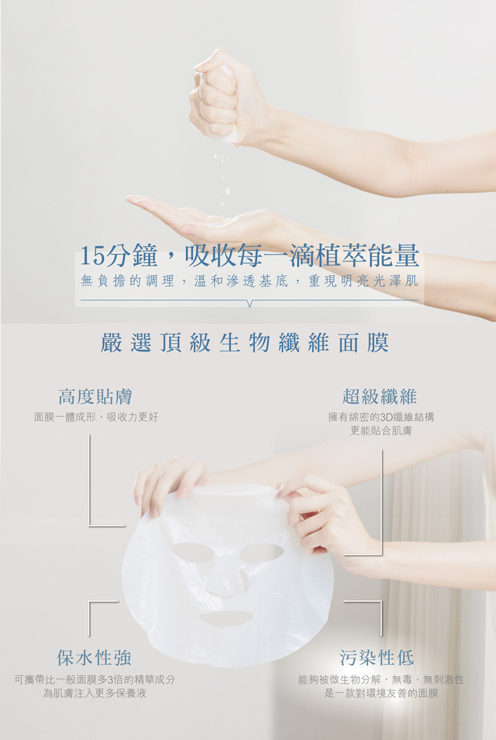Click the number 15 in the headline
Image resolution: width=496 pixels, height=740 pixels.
point(92,256)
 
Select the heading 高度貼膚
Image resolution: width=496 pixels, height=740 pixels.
point(95,397)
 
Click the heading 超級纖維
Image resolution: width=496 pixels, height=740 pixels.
point(380,397)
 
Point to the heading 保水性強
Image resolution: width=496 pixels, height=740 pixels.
point(94,657)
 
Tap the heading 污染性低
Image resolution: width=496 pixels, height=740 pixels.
point(377,657)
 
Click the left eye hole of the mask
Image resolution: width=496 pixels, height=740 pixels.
point(192,552)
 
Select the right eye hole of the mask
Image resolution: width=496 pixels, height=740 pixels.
point(262,551)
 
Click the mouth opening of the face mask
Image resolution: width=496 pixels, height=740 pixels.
point(226,617)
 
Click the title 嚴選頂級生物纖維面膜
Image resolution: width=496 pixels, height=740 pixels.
point(245,343)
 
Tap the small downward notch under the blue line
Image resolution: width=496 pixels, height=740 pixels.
point(249,304)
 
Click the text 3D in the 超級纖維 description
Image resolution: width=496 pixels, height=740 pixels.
point(386,417)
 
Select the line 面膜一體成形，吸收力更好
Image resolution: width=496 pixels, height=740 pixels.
point(96,417)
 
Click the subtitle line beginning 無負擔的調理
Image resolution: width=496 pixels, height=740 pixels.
point(249,282)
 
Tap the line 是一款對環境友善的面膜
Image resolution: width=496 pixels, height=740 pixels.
point(381,693)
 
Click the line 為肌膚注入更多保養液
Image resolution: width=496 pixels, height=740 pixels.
point(94,693)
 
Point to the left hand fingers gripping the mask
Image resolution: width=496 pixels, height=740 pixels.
point(170,486)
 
